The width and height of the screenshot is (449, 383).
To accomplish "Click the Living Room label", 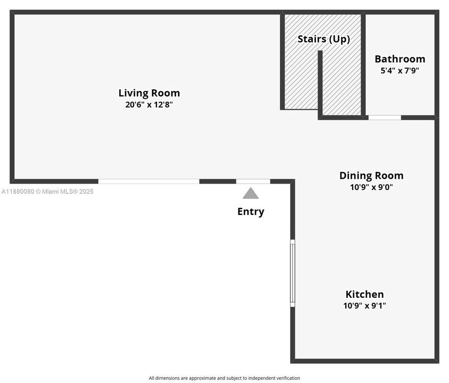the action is coord(149,93).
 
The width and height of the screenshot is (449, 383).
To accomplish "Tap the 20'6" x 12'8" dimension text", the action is coord(149,104).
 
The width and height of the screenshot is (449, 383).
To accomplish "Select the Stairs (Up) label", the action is coord(323,39).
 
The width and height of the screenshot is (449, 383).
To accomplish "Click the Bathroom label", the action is coord(400,59).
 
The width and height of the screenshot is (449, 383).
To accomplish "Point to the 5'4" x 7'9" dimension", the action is coord(400,70).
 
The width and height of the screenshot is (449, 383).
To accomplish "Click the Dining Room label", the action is coord(371,176).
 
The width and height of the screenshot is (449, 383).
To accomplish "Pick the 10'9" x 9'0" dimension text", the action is coord(371,187).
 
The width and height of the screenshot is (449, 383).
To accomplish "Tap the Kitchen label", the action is coord(364,294).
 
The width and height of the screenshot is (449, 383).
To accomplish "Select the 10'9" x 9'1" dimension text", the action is coord(364,305).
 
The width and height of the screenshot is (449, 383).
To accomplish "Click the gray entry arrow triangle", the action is coord(251,194).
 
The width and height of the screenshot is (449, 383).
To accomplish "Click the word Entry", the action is coord(251,212).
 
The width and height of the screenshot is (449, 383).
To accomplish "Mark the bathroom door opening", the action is coord(385,118).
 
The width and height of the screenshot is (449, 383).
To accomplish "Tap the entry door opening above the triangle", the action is coord(253,181).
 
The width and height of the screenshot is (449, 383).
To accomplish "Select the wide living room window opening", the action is coord(149,181).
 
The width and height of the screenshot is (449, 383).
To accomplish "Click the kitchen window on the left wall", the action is coord(293,273).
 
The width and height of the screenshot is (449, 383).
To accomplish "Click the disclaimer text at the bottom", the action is coord(224,378).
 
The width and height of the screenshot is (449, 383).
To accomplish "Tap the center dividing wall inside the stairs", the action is coord(320,85).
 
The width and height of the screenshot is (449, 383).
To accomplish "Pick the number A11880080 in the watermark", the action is coord(18,191).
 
